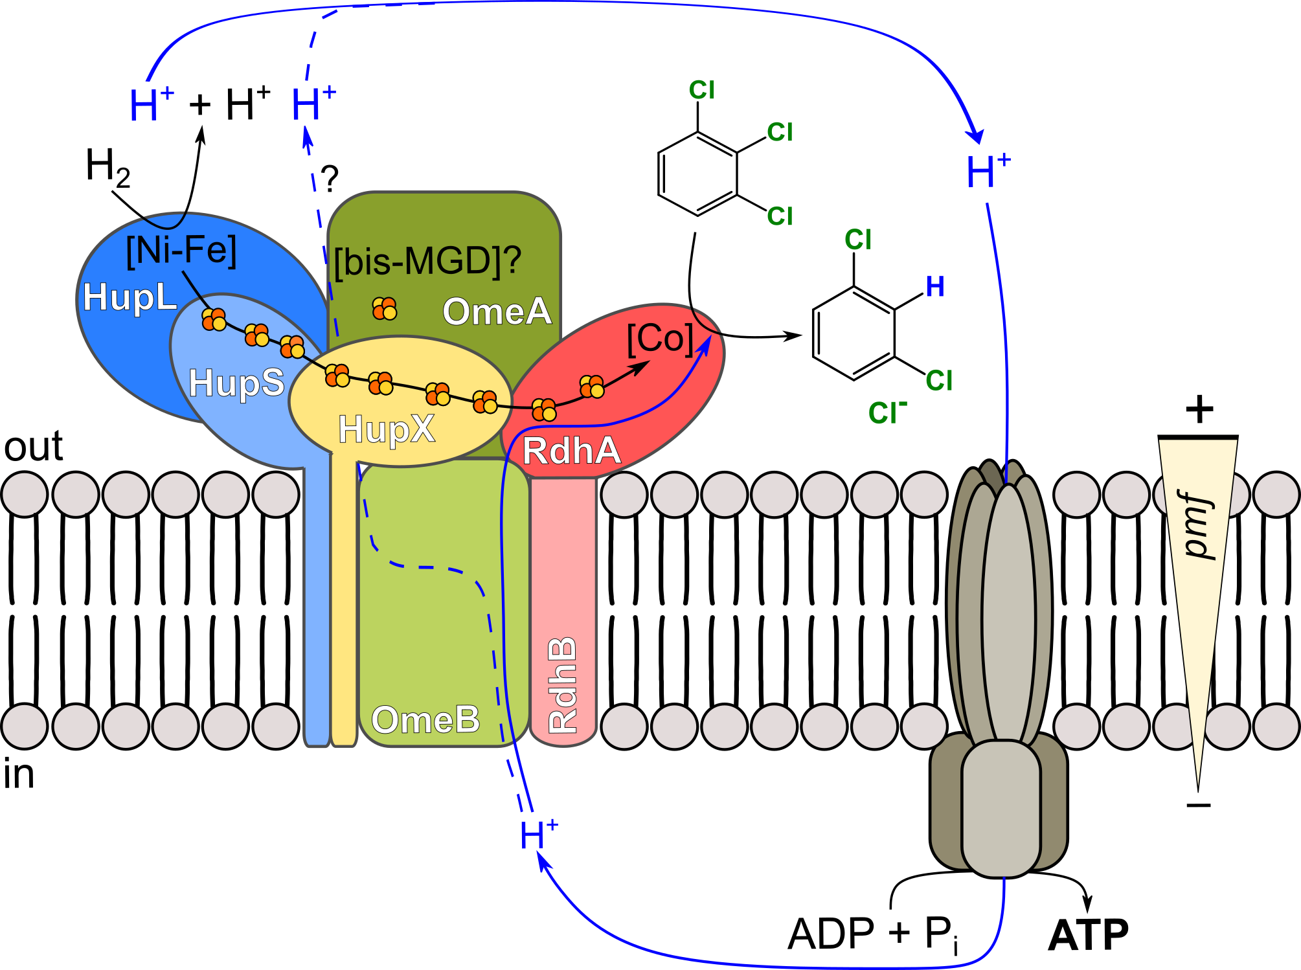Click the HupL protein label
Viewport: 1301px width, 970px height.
[130, 299]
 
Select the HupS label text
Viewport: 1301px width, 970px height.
[236, 383]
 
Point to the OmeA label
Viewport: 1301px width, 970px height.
[497, 311]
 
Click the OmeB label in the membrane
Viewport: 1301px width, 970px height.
[425, 719]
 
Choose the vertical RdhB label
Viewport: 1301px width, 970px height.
[562, 684]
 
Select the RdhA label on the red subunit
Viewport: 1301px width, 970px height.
[571, 451]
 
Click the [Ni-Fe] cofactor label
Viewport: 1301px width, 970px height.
[181, 251]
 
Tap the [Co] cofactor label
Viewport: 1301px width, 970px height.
[660, 339]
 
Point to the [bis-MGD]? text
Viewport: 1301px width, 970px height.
[427, 262]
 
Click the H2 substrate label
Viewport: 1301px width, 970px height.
[107, 166]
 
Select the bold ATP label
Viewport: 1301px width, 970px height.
[1088, 935]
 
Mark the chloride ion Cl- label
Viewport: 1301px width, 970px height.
[887, 412]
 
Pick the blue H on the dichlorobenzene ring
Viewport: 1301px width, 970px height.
[935, 287]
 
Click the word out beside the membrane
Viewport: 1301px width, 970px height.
[34, 446]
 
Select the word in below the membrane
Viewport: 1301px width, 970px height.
[19, 774]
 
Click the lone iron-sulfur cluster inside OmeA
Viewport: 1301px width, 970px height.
[385, 309]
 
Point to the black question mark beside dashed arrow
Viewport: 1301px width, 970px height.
[330, 178]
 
